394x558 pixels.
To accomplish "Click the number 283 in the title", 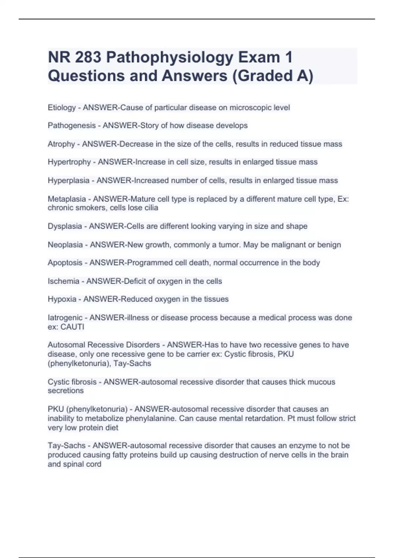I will pyautogui.click(x=88, y=57).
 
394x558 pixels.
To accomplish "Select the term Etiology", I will pyautogui.click(x=62, y=108).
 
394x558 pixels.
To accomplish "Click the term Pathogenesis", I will pyautogui.click(x=72, y=126).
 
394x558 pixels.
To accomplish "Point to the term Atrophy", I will pyautogui.click(x=61, y=144).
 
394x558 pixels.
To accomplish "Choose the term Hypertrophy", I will pyautogui.click(x=69, y=162).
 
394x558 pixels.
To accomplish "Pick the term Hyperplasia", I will pyautogui.click(x=68, y=181).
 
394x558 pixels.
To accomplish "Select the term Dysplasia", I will pyautogui.click(x=65, y=226).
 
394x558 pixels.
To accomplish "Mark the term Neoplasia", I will pyautogui.click(x=65, y=245).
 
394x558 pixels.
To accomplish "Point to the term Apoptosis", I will pyautogui.click(x=65, y=263).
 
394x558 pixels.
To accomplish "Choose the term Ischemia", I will pyautogui.click(x=63, y=281).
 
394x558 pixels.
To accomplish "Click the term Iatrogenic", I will pyautogui.click(x=65, y=318).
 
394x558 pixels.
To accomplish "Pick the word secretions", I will pyautogui.click(x=65, y=391).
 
